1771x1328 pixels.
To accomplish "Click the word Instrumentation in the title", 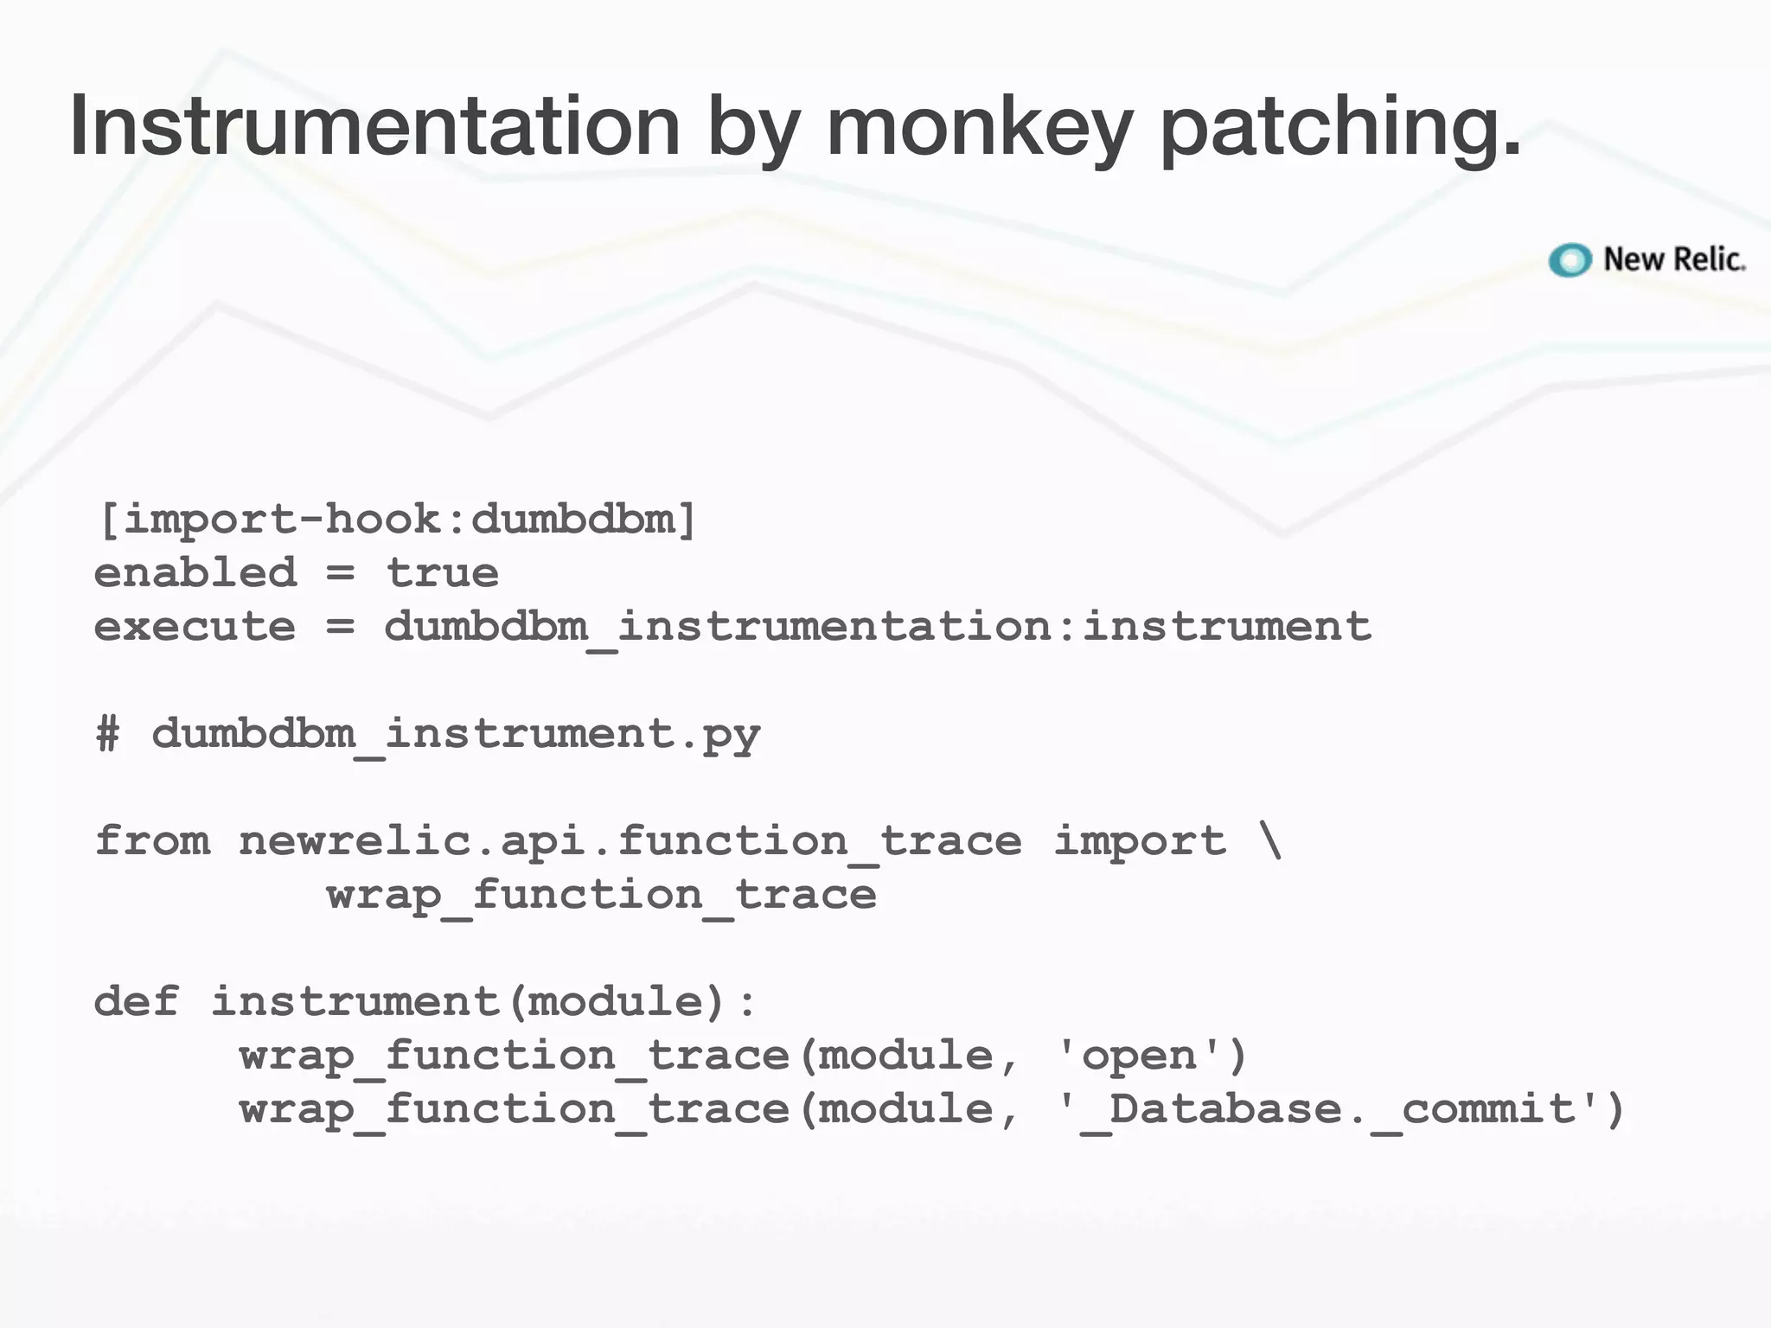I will pos(375,126).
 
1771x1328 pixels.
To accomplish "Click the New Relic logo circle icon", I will pos(1570,259).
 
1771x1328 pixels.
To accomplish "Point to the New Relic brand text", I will pos(1674,259).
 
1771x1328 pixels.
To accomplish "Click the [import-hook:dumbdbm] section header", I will pos(397,520).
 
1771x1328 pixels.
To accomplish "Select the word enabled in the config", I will pos(195,573).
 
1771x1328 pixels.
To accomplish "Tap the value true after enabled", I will pos(442,573).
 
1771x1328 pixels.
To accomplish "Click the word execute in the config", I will pos(195,627).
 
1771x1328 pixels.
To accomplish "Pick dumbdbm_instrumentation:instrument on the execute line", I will pos(878,627).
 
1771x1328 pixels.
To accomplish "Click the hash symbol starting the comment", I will pos(108,734).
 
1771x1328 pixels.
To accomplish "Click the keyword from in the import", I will pos(152,841).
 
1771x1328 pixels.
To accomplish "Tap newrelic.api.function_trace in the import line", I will pos(630,841).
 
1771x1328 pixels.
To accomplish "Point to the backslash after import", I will pos(1270,841).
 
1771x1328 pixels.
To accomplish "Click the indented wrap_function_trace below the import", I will pos(602,896).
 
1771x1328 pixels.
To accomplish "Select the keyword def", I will pos(137,1001).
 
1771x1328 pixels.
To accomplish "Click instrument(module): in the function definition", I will pos(484,1002).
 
